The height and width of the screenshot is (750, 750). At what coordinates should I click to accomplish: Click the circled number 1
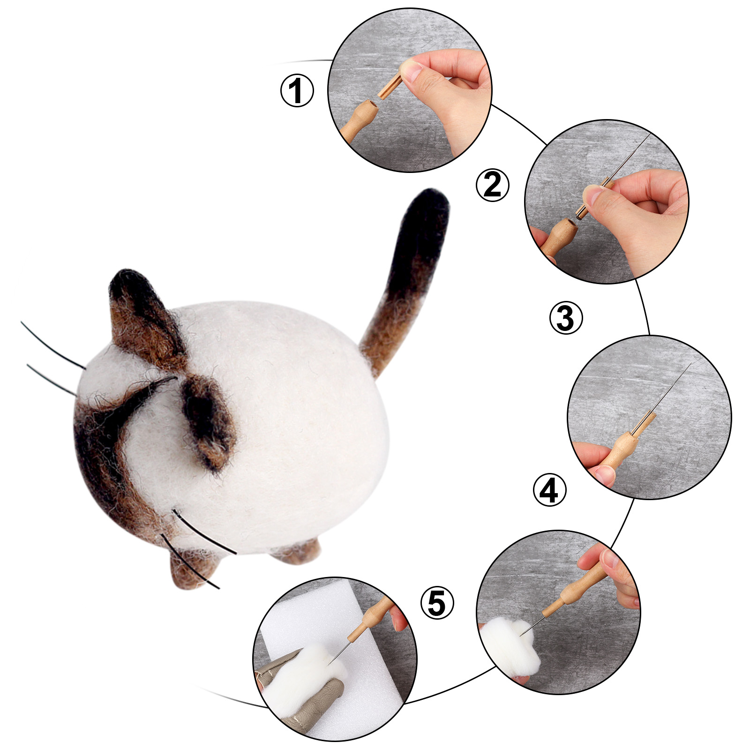pyautogui.click(x=297, y=90)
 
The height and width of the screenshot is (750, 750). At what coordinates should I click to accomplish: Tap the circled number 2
pyautogui.click(x=492, y=185)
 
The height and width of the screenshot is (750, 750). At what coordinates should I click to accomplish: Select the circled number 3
pyautogui.click(x=566, y=318)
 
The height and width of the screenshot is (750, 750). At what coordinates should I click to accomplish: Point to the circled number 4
pyautogui.click(x=550, y=490)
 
